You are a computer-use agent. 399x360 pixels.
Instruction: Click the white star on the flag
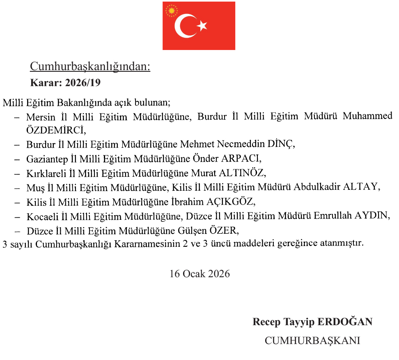tap(202, 26)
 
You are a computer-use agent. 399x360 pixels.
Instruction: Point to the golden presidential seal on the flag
tap(170, 11)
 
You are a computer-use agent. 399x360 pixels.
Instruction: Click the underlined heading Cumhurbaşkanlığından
tap(90, 66)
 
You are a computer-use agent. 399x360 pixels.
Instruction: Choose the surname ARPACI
tap(241, 159)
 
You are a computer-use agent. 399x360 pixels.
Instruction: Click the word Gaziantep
tap(46, 159)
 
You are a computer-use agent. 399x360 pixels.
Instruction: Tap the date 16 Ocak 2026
tap(200, 273)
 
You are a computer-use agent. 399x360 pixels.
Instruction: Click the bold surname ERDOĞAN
tap(345, 322)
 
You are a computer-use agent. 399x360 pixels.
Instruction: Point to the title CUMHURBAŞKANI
tap(312, 340)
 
